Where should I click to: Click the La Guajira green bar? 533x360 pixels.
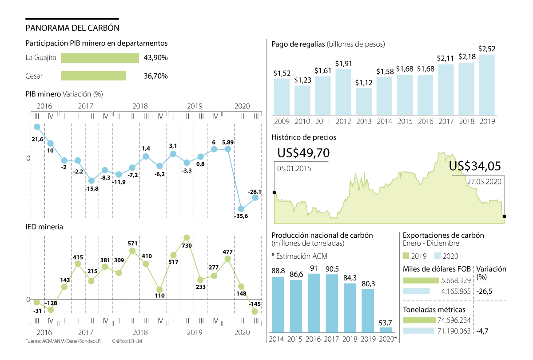tap(100, 58)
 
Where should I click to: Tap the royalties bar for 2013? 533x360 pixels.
tap(364, 100)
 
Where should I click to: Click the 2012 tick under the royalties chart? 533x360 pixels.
tap(343, 121)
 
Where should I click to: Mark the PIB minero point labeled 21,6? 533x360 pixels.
tap(37, 127)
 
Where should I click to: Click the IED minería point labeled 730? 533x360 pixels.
tap(187, 237)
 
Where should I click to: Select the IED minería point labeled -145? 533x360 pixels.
tap(255, 312)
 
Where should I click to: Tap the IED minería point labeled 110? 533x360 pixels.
tap(159, 289)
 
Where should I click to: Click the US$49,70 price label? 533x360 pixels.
tap(303, 153)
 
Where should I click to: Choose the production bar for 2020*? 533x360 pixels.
tap(386, 330)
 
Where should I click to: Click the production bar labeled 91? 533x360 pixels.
tap(314, 303)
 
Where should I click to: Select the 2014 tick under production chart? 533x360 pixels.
tap(278, 339)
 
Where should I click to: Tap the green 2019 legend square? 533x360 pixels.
tap(406, 256)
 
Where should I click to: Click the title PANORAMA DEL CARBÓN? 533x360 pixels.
tap(72, 28)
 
